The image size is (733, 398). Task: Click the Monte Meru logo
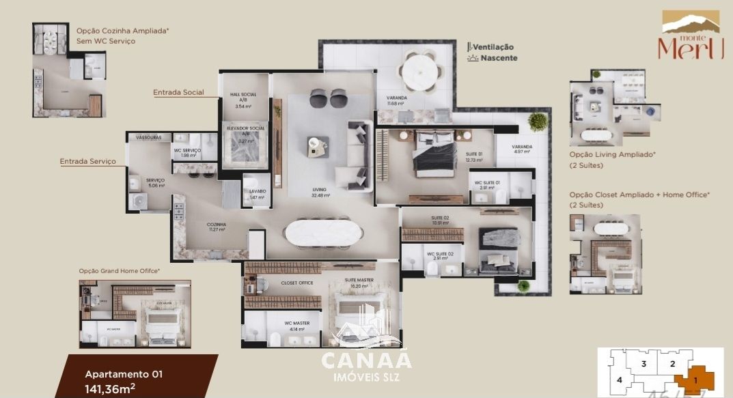pos(690,35)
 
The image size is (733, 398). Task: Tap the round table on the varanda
pos(420,71)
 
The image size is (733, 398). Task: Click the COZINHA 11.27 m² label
pos(217,227)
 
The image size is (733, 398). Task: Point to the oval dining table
pos(324,232)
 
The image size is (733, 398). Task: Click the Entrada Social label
pos(178,92)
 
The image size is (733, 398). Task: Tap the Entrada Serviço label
pos(87,162)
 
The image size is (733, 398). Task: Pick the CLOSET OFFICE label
pos(297,283)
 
